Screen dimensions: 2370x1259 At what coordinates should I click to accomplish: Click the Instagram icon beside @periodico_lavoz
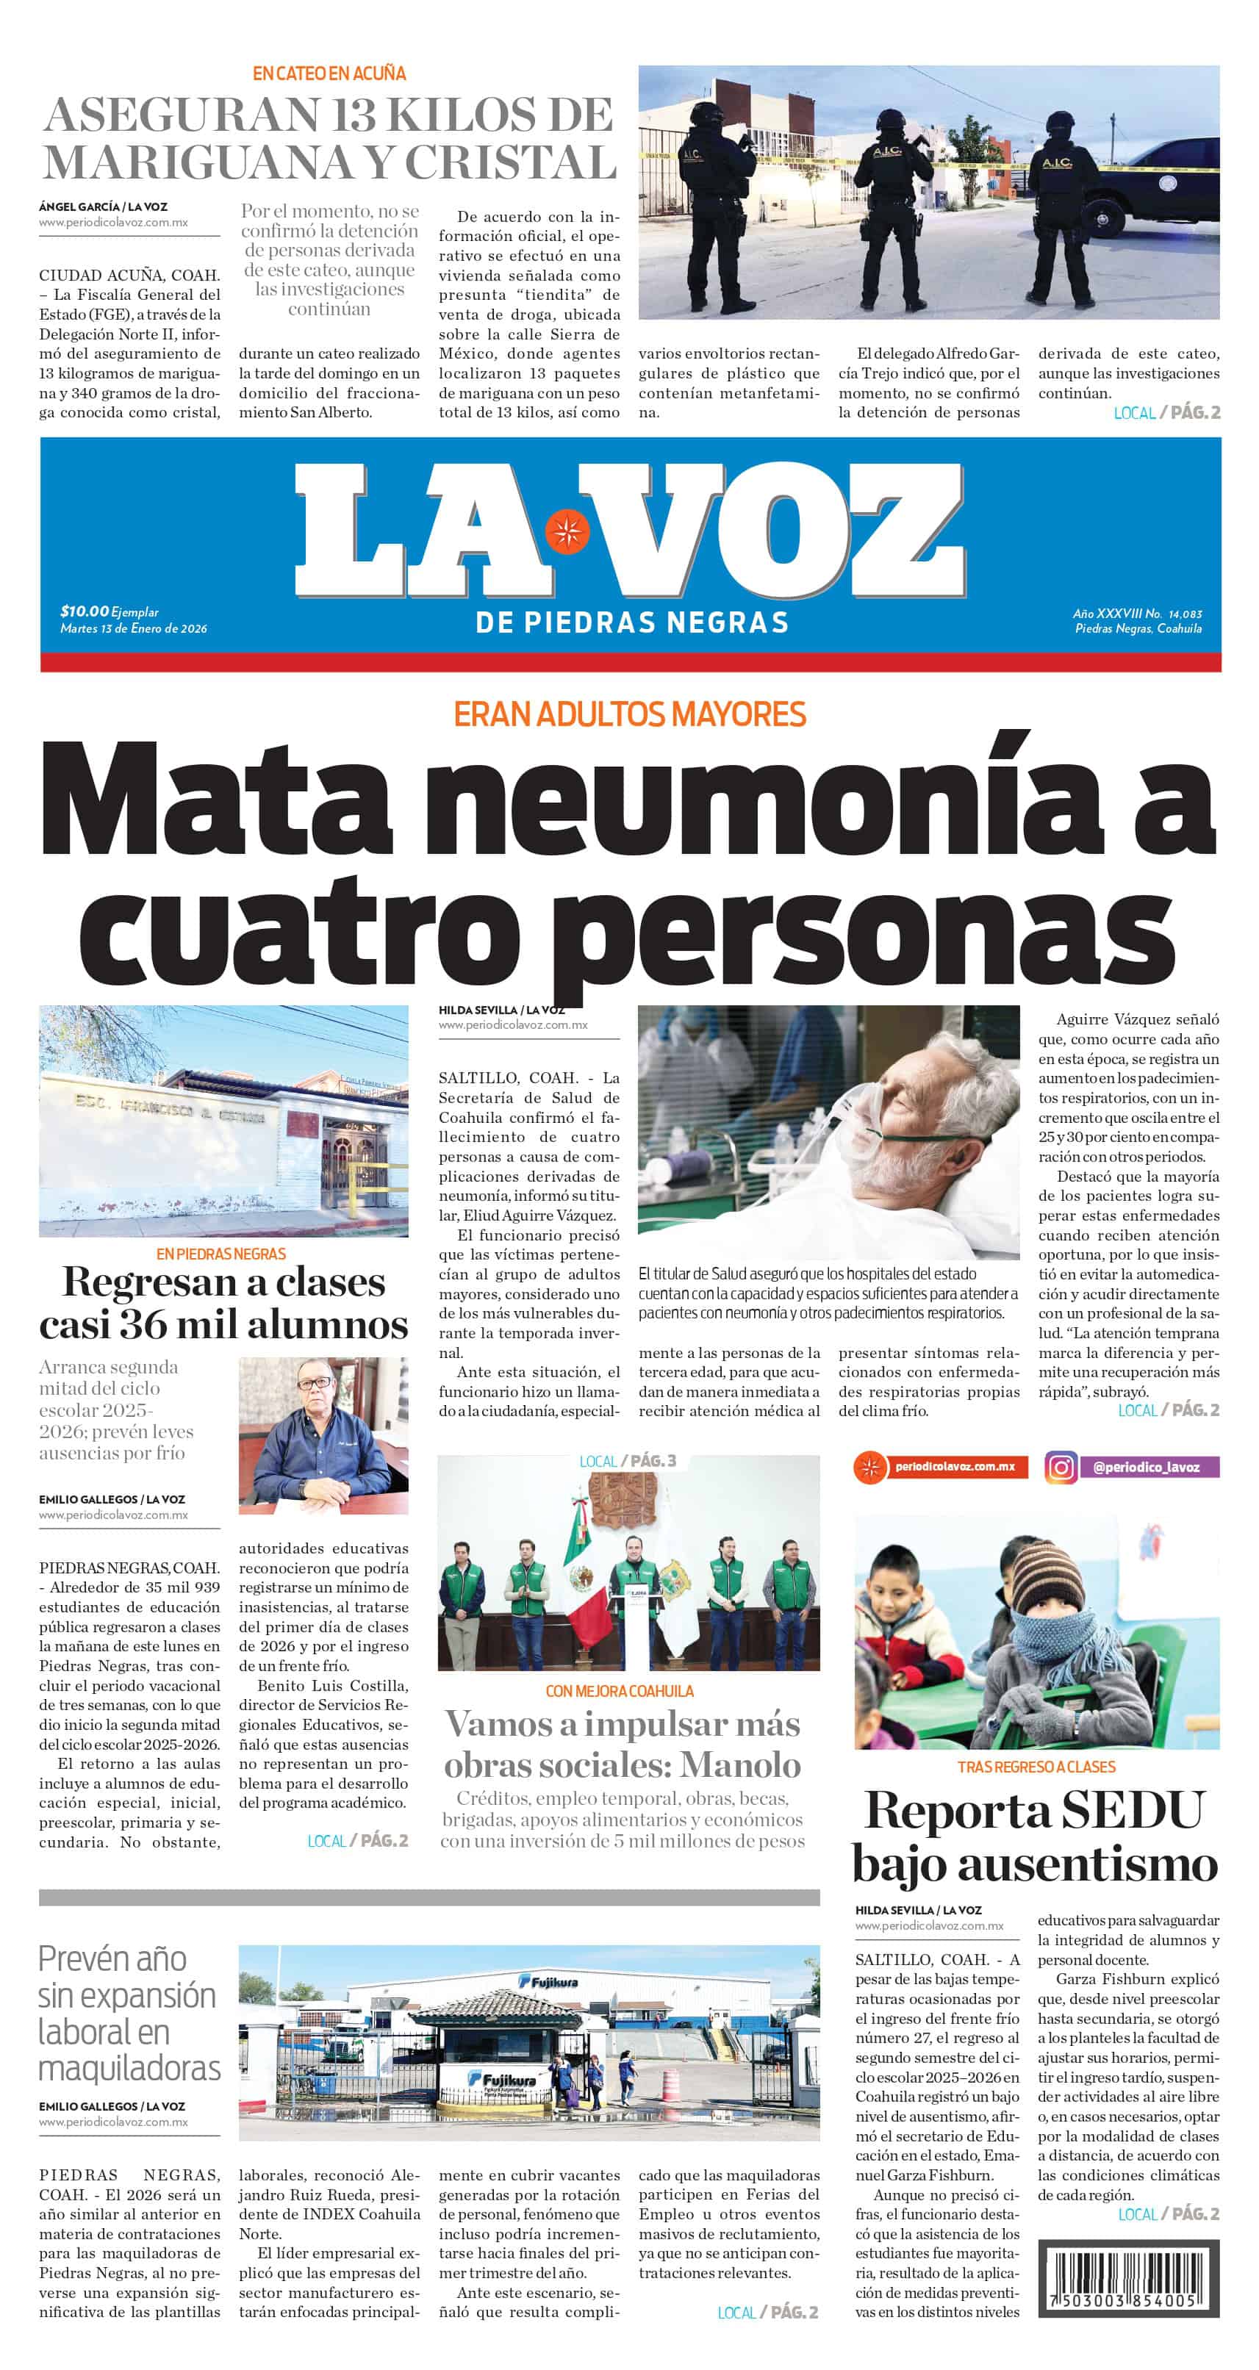(x=1061, y=1467)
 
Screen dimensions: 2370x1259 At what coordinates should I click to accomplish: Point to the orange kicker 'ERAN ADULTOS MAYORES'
(x=629, y=714)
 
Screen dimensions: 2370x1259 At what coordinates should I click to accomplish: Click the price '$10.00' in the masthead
(x=84, y=611)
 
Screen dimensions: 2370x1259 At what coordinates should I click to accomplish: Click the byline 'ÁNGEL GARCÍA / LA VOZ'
(x=103, y=207)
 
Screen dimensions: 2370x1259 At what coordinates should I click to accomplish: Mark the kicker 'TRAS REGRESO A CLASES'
(x=1036, y=1767)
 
